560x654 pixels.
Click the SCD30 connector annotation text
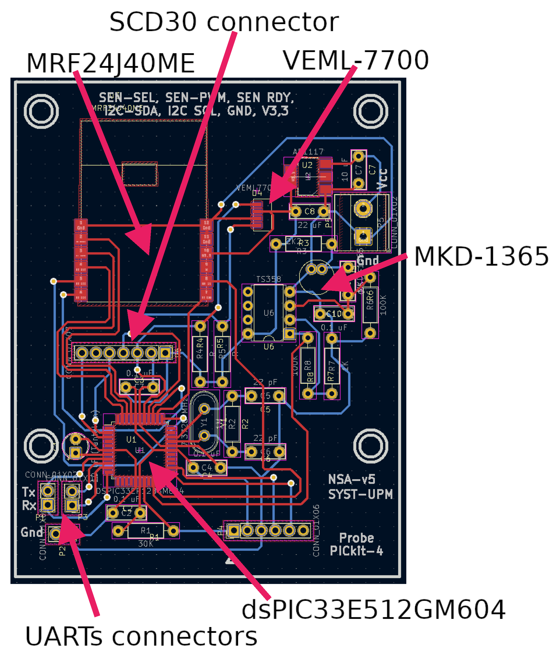tap(224, 22)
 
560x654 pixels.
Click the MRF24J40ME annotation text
tap(111, 63)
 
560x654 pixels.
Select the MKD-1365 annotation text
tap(481, 256)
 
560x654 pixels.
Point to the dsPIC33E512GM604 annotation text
tap(374, 610)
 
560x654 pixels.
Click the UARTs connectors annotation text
tap(141, 637)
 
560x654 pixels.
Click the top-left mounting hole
tap(41, 111)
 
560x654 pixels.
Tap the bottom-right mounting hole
tap(370, 446)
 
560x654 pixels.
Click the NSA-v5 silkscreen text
tap(351, 479)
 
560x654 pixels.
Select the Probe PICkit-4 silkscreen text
tap(356, 545)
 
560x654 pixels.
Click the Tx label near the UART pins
tap(28, 492)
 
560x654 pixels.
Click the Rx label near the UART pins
tap(29, 505)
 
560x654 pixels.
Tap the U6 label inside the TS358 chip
tap(269, 313)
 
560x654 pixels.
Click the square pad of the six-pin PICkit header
tap(234, 530)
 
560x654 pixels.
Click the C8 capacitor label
tap(309, 211)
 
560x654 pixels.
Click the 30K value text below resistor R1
tap(145, 543)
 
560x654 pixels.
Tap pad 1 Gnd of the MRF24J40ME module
tap(81, 225)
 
